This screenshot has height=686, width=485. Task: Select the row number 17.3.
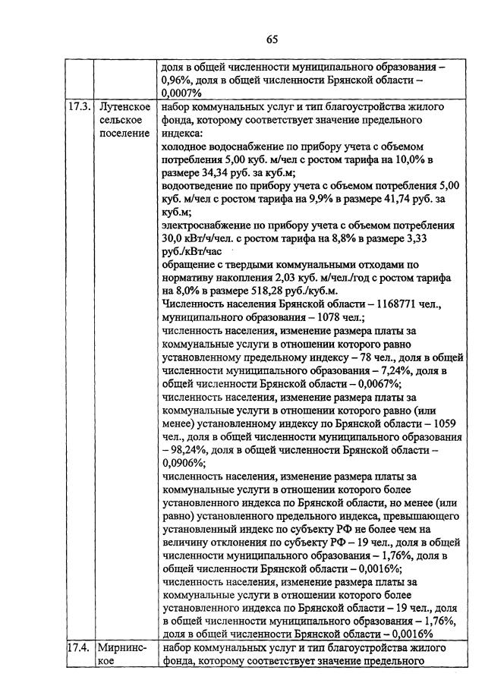(77, 108)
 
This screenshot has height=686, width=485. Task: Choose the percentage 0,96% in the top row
(177, 79)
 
